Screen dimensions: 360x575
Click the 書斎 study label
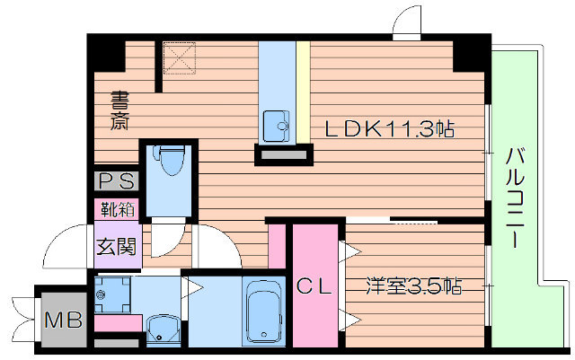[119, 110]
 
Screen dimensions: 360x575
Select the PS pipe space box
[117, 181]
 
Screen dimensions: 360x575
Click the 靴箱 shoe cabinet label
[118, 212]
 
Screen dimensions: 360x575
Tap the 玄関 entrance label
[118, 245]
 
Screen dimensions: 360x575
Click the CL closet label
[316, 287]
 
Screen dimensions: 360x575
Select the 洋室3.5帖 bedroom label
[413, 287]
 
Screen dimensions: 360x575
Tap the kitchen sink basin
[275, 124]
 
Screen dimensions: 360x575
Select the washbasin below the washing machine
[163, 329]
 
